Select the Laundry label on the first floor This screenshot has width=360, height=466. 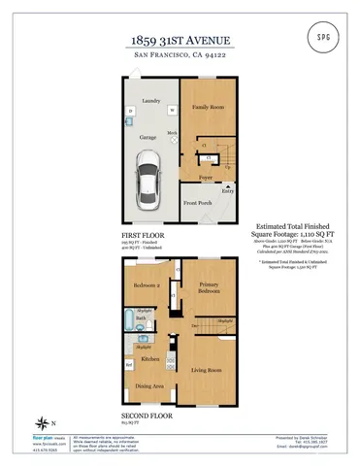[x=150, y=100]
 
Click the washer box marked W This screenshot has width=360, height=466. [x=172, y=111]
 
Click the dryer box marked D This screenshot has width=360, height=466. [x=130, y=112]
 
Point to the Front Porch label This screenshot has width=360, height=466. [x=199, y=202]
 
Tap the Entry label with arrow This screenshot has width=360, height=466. [x=227, y=192]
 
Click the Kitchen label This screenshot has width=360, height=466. [x=149, y=359]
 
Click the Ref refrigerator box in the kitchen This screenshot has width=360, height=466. [x=128, y=365]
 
